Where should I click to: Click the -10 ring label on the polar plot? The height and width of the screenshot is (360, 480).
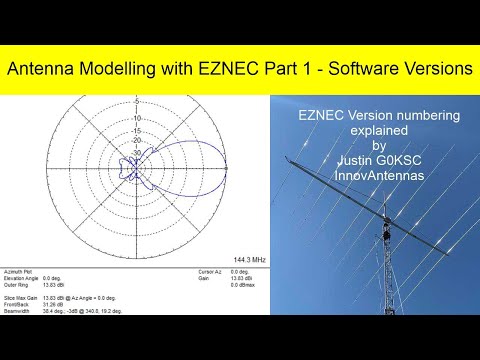(135, 118)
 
